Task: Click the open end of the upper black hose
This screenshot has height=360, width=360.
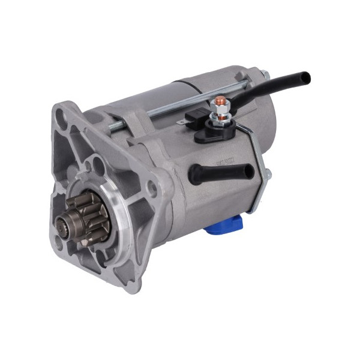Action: coord(305,77)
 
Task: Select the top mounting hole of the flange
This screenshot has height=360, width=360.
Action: coord(59,112)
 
